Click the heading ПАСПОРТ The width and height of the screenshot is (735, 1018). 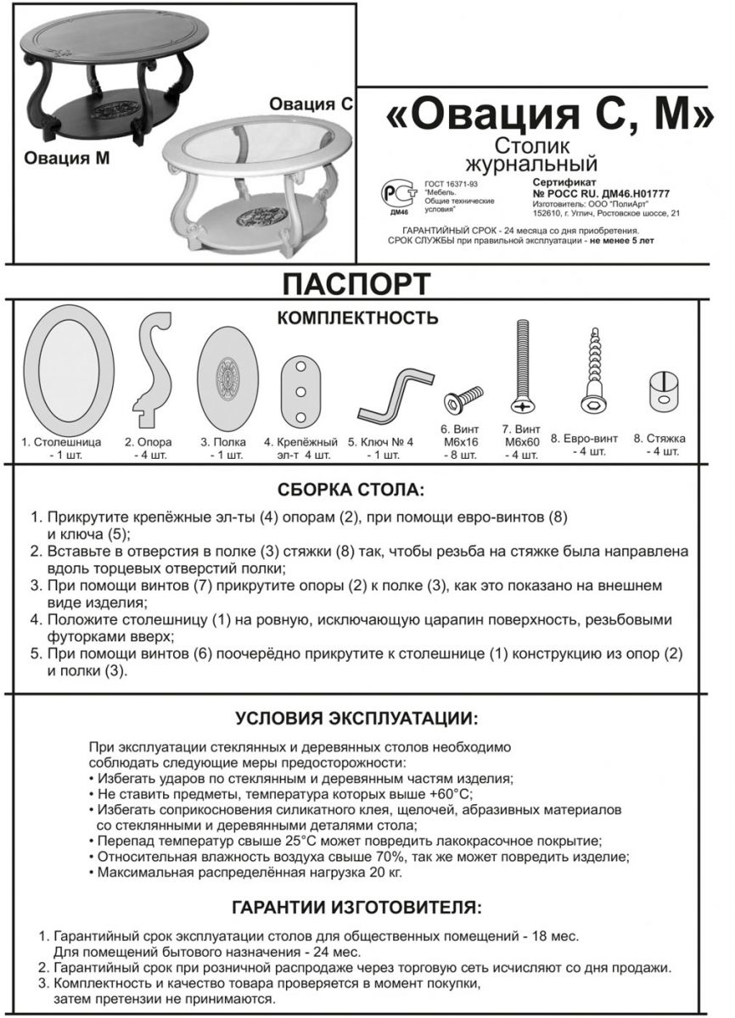click(x=356, y=283)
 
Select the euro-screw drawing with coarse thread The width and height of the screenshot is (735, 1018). click(x=591, y=373)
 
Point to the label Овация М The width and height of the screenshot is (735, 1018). click(x=66, y=159)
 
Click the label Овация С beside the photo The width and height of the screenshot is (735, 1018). click(x=311, y=104)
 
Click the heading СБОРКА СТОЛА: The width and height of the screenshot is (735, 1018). click(x=351, y=490)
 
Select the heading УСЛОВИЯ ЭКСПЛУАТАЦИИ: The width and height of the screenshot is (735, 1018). click(x=356, y=719)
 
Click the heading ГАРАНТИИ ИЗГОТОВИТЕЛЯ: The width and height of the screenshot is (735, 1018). click(x=356, y=908)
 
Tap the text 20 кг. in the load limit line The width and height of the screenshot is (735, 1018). click(x=385, y=872)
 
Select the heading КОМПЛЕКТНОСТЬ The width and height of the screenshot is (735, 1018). click(x=357, y=318)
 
